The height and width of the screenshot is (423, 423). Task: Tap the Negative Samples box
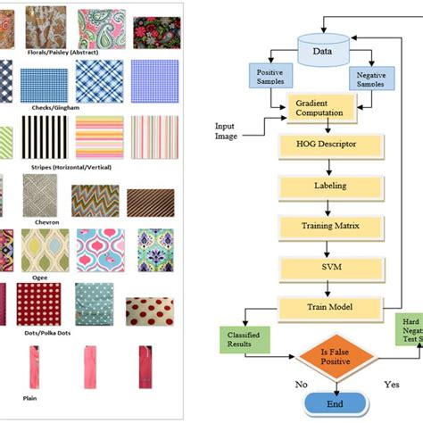[369, 79]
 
